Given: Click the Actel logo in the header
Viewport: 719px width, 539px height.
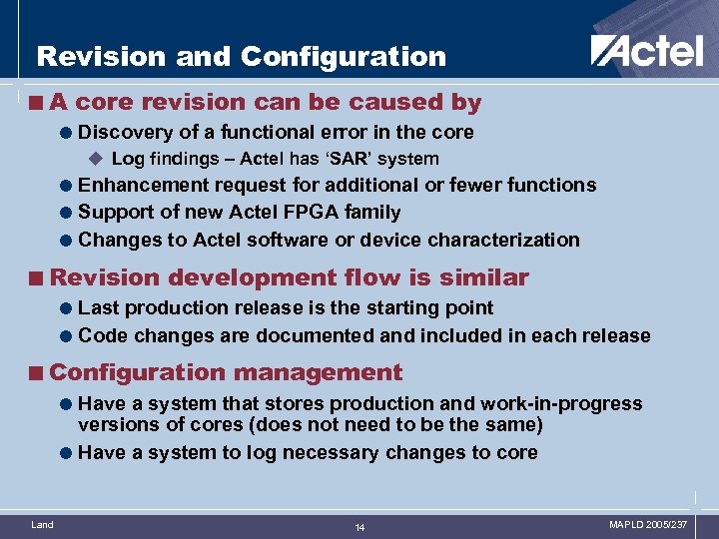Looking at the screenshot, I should click(647, 51).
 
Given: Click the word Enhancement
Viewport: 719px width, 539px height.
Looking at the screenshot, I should click(140, 185).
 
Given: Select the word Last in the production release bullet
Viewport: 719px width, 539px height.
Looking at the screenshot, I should click(98, 308).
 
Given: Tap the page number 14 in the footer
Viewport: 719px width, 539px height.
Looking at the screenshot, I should click(359, 526).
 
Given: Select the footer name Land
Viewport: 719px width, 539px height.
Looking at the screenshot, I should click(43, 524).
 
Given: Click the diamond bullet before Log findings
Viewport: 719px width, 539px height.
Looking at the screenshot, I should click(97, 159).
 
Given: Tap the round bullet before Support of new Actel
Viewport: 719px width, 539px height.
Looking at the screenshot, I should click(66, 213).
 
